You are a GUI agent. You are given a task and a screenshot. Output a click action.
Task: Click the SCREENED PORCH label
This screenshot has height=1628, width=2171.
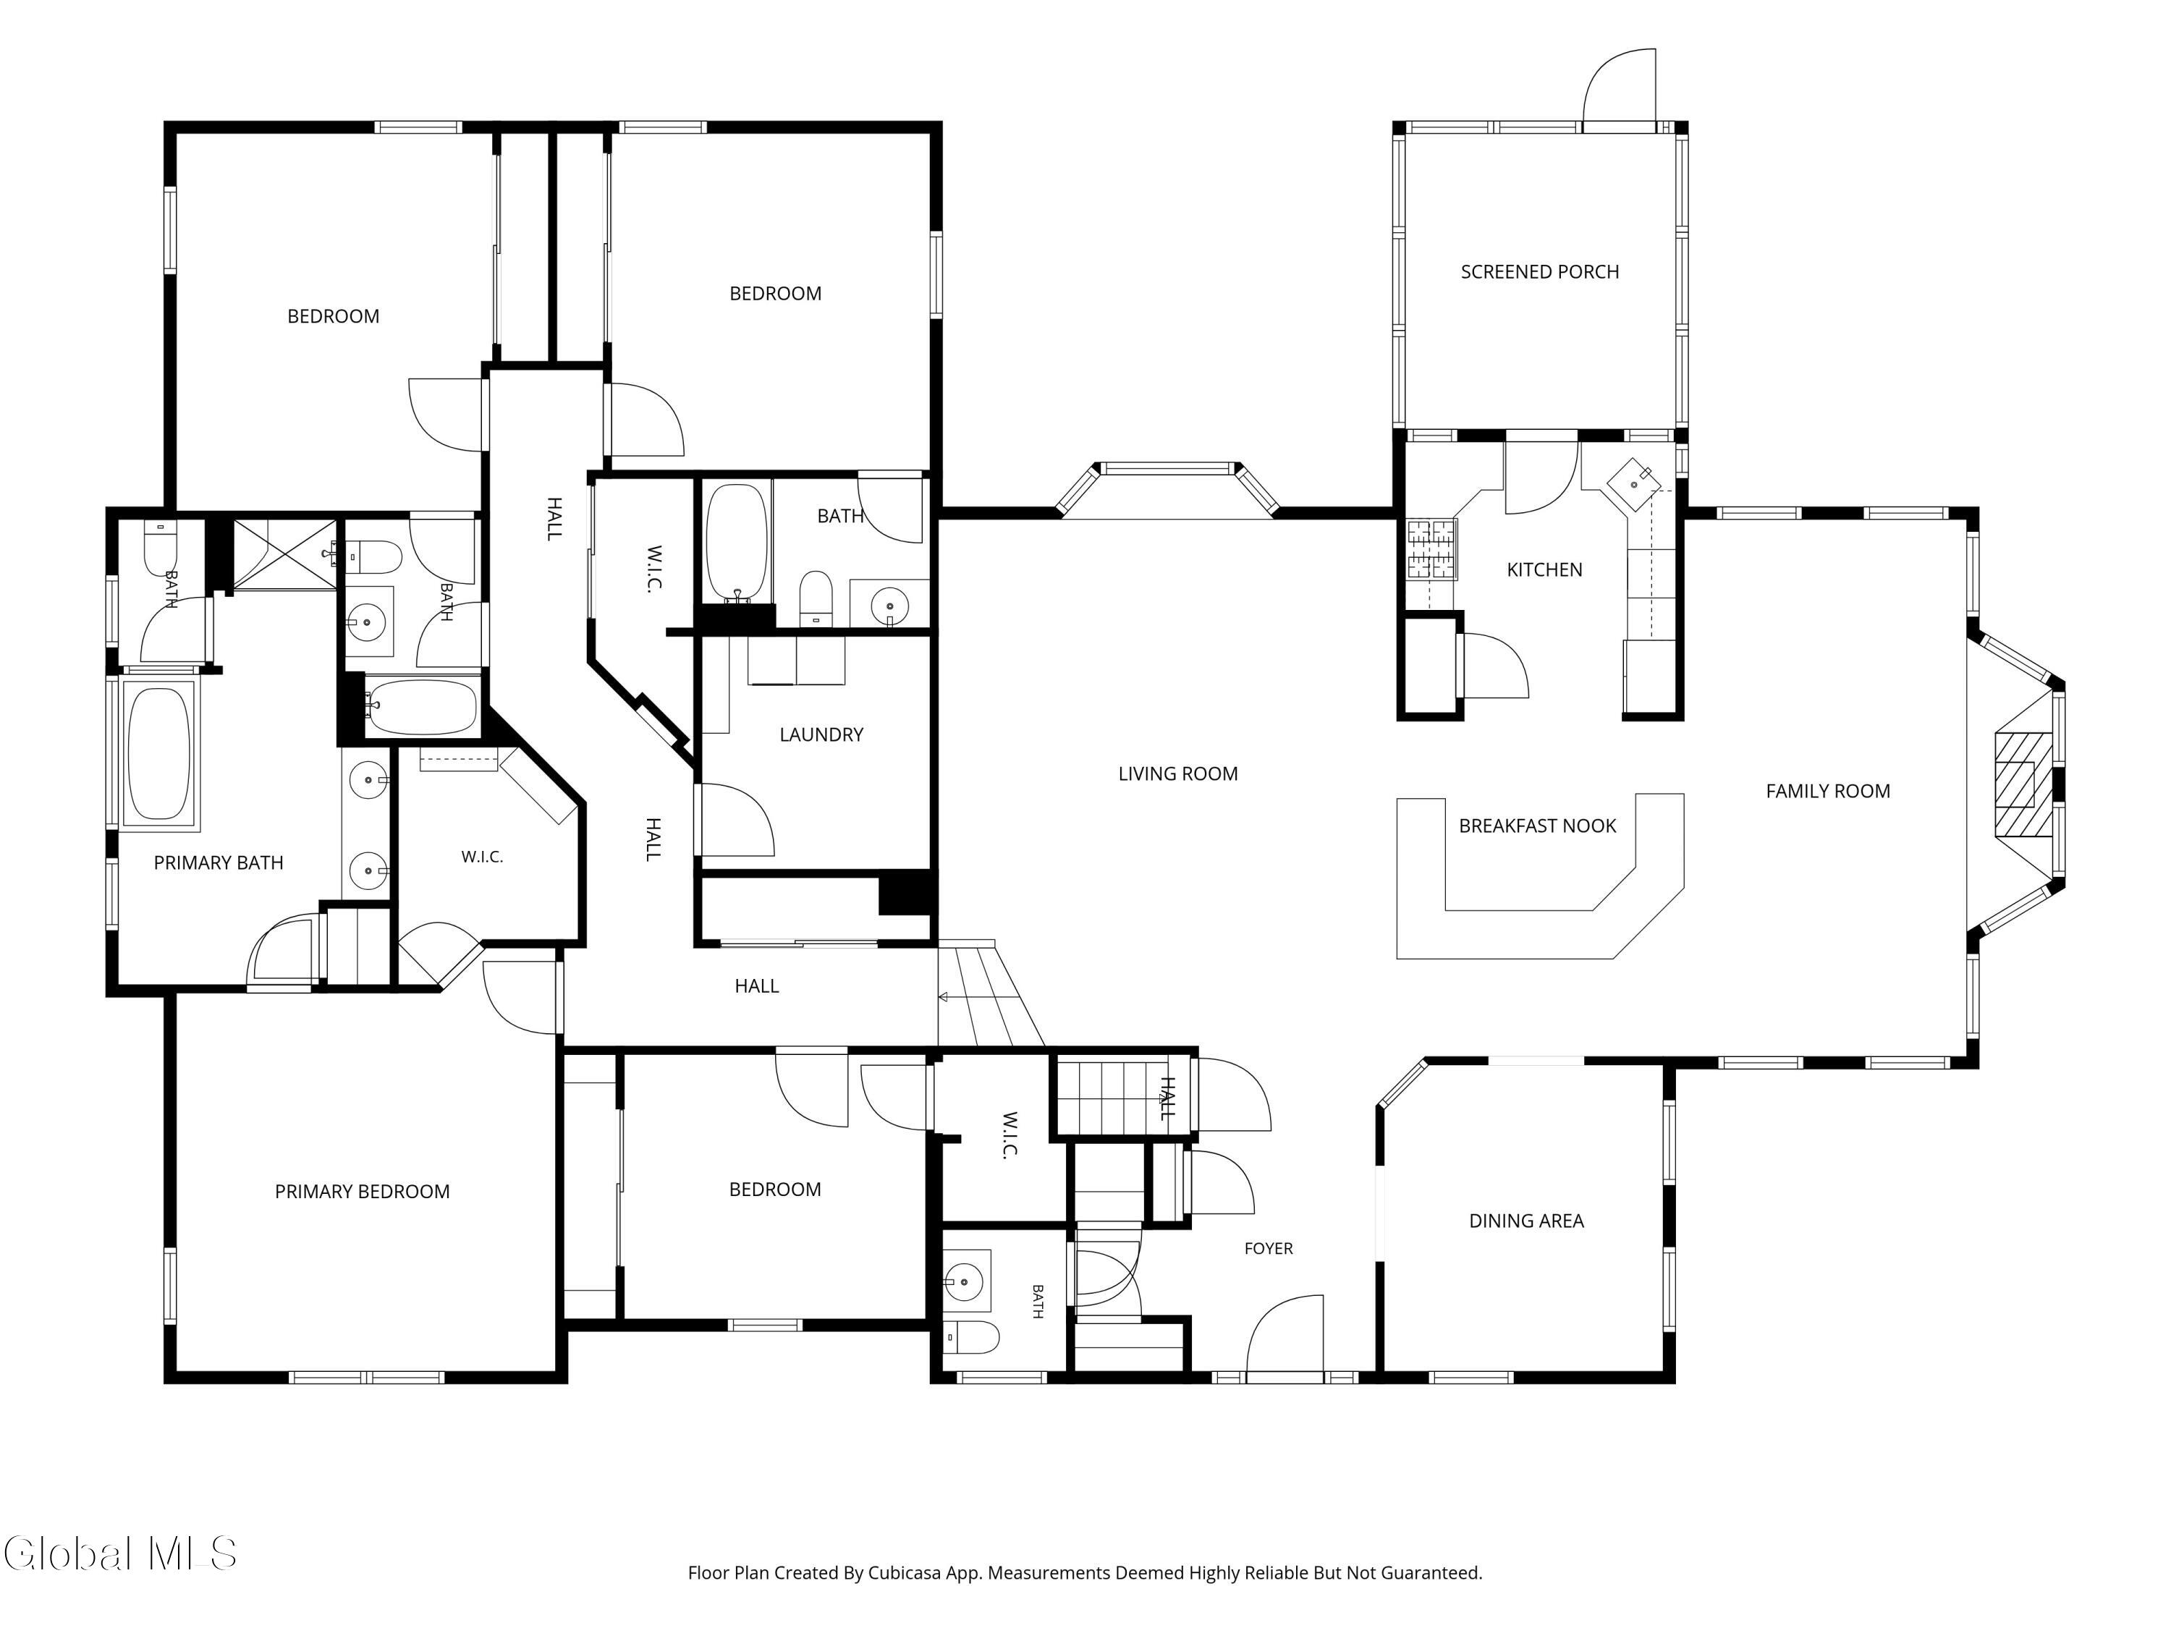1539,272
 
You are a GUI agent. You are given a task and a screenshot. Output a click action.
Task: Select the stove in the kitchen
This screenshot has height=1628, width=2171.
1432,548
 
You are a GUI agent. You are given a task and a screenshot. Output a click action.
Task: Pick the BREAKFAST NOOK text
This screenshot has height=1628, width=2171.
1537,826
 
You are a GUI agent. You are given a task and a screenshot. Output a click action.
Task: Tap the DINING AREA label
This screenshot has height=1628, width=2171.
1526,1221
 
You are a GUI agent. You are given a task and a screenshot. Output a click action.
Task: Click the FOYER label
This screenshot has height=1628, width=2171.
1268,1248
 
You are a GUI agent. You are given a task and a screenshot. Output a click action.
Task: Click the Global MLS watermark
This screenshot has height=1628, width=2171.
119,1553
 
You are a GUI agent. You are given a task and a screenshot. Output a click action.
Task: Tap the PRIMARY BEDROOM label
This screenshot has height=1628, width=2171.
362,1191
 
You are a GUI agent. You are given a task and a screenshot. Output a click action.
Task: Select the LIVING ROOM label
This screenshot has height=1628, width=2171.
1177,773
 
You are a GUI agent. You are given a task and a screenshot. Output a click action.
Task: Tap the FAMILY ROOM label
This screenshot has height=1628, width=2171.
1827,791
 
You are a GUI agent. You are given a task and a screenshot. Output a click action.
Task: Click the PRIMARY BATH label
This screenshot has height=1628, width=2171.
218,862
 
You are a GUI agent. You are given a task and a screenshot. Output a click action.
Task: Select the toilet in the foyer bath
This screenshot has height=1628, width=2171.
972,1336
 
